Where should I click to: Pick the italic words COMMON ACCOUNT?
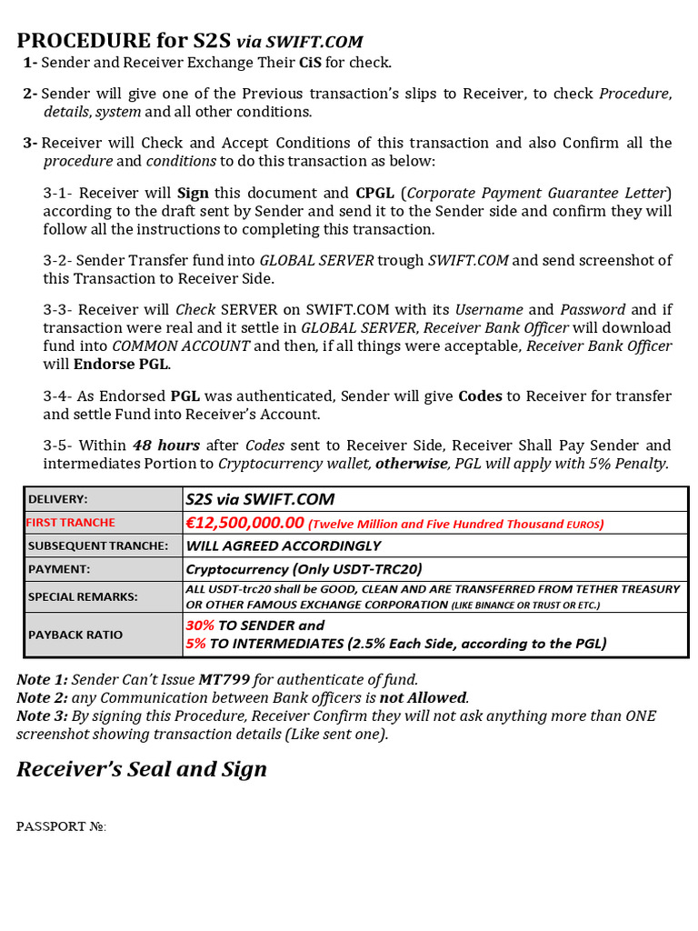coord(181,346)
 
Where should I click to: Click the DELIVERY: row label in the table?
coord(58,499)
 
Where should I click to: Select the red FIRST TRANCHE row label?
coord(71,523)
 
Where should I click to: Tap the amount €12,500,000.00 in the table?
coord(244,523)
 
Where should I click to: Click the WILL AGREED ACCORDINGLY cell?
coord(283,546)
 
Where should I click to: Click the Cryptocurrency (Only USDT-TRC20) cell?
coord(304,569)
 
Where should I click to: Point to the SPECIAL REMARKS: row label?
coord(83,596)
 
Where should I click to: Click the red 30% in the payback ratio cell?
coord(200,626)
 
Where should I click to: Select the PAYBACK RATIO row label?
coord(75,635)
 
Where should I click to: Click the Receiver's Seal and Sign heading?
coord(142,769)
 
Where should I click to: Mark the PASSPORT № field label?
coord(61,826)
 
